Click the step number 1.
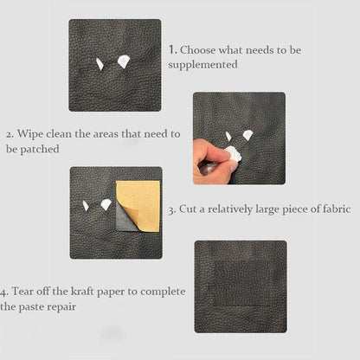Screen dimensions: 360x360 point(173,50)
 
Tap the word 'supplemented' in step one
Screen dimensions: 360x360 point(206,65)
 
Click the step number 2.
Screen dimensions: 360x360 point(9,135)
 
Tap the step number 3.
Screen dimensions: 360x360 point(171,209)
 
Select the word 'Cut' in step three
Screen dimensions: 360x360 point(189,209)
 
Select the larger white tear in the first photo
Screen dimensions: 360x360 point(122,60)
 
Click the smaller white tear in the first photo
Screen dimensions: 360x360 point(100,63)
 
